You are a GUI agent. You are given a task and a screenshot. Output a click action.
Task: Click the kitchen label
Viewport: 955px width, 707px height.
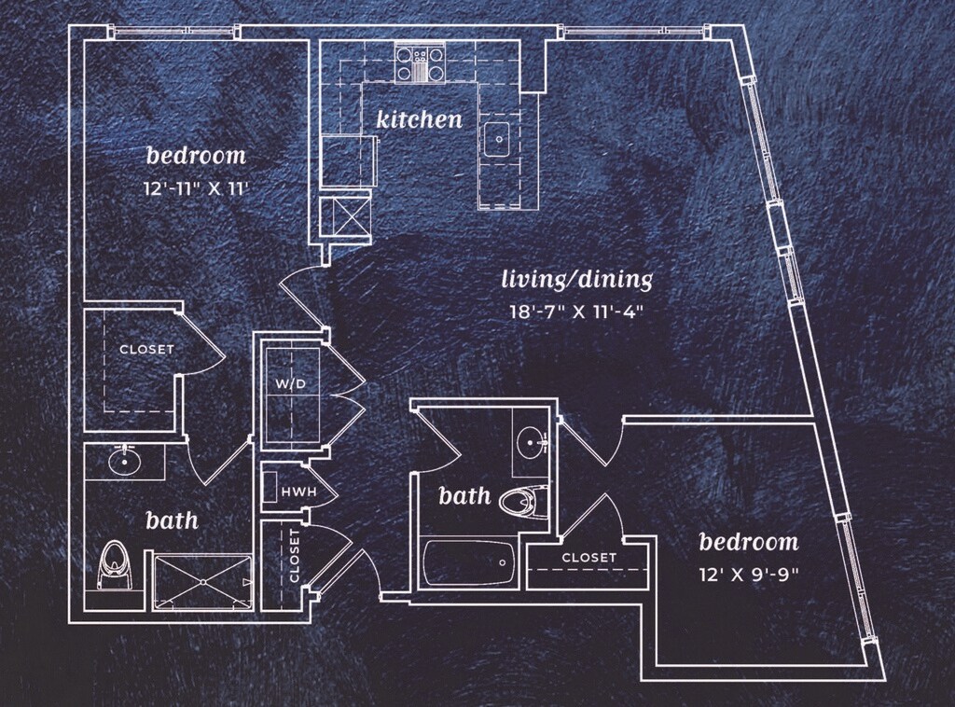pos(419,119)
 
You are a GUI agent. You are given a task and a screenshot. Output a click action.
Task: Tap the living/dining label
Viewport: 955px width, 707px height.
pos(576,279)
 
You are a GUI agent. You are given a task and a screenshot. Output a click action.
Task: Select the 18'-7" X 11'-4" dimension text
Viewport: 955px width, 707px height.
pos(575,312)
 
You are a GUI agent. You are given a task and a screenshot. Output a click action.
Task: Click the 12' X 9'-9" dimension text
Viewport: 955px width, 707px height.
pos(748,575)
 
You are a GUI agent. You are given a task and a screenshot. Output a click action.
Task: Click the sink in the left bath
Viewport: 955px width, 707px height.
pos(122,460)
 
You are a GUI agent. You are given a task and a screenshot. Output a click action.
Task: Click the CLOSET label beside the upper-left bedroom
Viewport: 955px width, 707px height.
pos(146,350)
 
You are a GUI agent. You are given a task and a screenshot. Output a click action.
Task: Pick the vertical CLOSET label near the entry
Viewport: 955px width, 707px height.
pos(295,556)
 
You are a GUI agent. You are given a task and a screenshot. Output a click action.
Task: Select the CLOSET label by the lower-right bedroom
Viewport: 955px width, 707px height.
pos(588,558)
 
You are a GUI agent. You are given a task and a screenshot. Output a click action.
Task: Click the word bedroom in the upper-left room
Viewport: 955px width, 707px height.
pos(196,155)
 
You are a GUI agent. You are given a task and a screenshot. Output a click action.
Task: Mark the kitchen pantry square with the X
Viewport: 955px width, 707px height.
pos(346,217)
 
